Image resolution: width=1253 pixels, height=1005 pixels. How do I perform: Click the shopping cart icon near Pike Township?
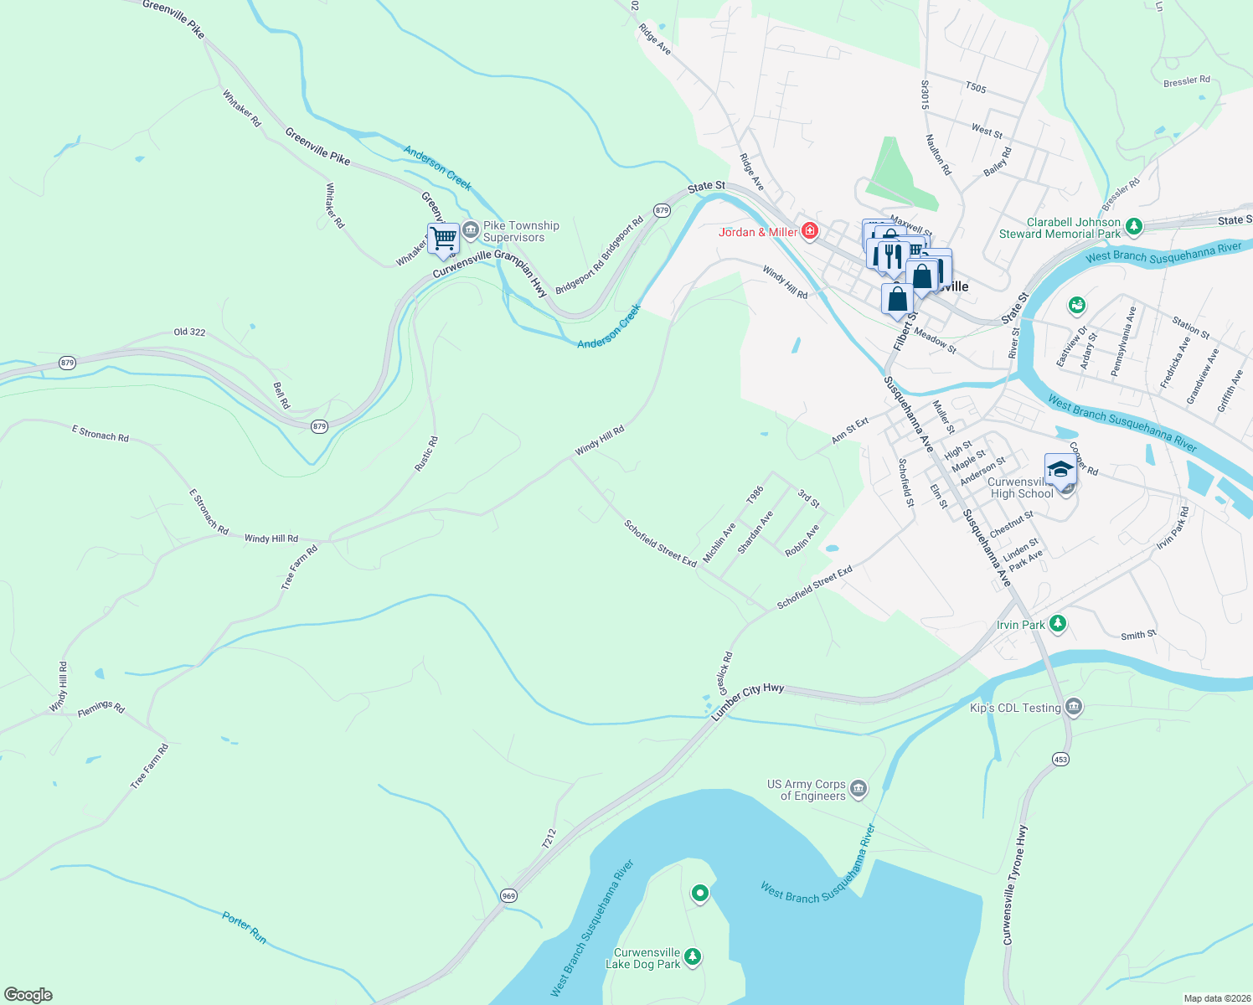[443, 238]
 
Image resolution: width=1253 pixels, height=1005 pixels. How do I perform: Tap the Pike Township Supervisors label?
[520, 231]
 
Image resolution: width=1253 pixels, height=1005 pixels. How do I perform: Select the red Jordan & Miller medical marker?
[810, 231]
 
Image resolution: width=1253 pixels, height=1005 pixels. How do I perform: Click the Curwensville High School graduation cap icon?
[1060, 469]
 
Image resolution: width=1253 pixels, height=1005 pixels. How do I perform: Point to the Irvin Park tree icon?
[1058, 623]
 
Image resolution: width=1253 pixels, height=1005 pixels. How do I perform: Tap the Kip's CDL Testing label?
[1015, 708]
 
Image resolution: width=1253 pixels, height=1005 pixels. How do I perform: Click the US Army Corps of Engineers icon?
[859, 788]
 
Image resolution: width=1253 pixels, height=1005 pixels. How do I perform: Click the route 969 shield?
[509, 895]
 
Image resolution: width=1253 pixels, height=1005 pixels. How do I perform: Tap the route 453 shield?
[1060, 759]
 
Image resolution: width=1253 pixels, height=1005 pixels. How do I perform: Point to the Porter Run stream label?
[245, 928]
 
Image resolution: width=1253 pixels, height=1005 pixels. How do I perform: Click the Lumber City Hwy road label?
[748, 700]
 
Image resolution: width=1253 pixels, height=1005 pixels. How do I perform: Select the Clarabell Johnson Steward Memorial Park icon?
[1134, 225]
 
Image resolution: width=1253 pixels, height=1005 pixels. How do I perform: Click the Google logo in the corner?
[28, 994]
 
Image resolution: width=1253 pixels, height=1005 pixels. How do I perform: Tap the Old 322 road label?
[189, 332]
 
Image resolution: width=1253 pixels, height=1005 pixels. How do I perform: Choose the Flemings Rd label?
[101, 709]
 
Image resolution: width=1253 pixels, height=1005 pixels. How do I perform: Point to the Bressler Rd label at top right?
[1187, 81]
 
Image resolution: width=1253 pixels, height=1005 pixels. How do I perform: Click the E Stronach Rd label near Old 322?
[101, 433]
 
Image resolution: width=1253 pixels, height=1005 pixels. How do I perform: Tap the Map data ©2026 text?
[1215, 998]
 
